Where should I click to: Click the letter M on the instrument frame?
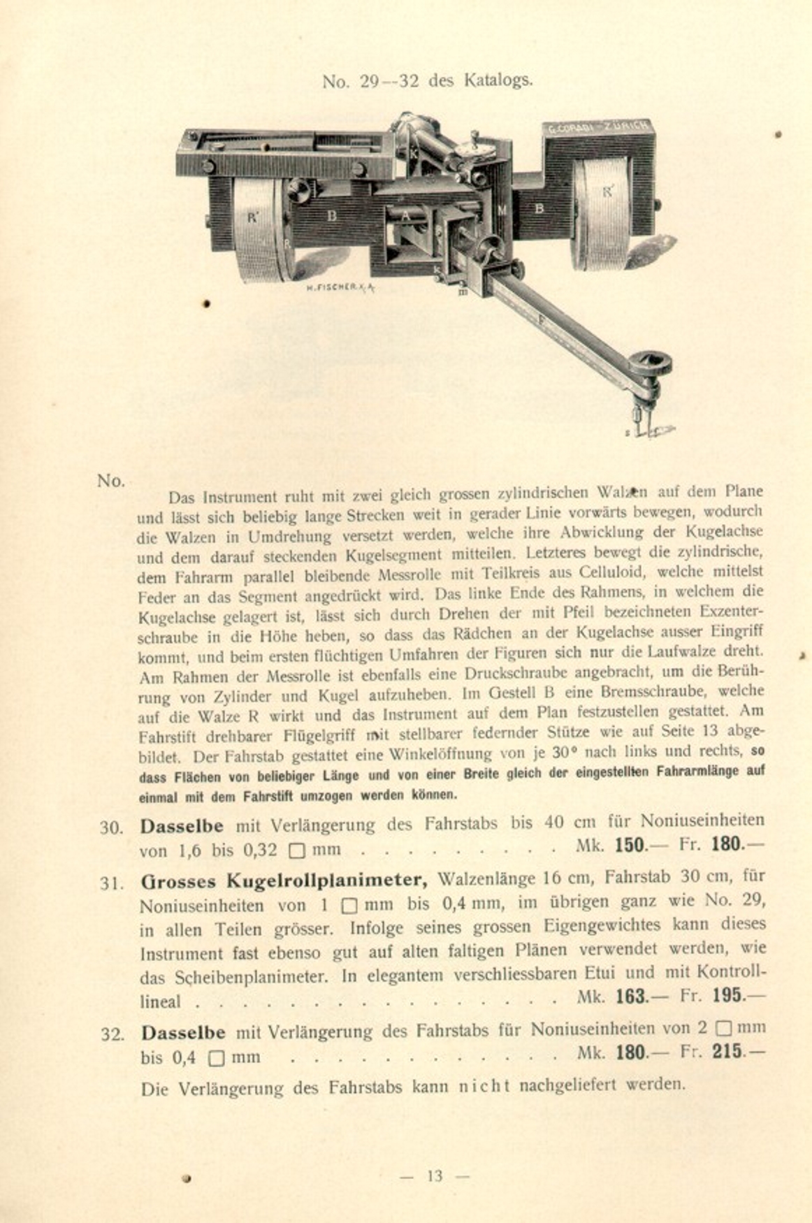(502, 210)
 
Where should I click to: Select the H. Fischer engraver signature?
(340, 287)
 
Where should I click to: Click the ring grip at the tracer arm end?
(650, 364)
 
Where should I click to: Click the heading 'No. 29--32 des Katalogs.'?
(427, 81)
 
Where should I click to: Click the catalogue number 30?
(110, 828)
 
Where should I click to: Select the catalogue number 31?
(110, 883)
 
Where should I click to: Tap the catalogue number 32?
(111, 1034)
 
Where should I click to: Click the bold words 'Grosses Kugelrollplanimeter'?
(284, 880)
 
